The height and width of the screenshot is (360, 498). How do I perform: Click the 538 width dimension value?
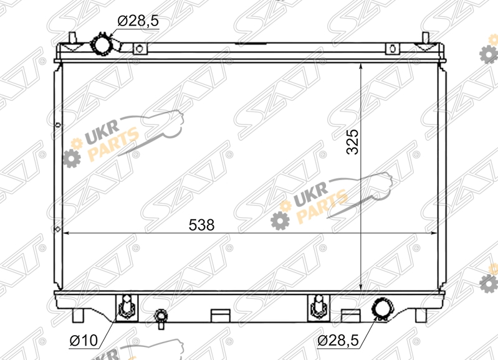[201, 225]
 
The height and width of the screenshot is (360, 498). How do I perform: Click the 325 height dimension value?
[352, 142]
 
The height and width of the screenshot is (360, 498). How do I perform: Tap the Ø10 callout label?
[84, 341]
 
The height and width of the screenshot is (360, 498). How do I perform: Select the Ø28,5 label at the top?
[138, 21]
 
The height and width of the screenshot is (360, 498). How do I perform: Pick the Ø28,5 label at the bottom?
[338, 341]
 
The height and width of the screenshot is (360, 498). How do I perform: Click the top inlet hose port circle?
[101, 45]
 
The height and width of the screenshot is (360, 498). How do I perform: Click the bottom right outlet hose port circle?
[383, 308]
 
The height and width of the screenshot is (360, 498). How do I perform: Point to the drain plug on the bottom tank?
[161, 318]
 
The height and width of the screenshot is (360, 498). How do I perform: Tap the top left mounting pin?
[72, 37]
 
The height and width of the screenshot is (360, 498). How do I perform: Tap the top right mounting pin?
[425, 37]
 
